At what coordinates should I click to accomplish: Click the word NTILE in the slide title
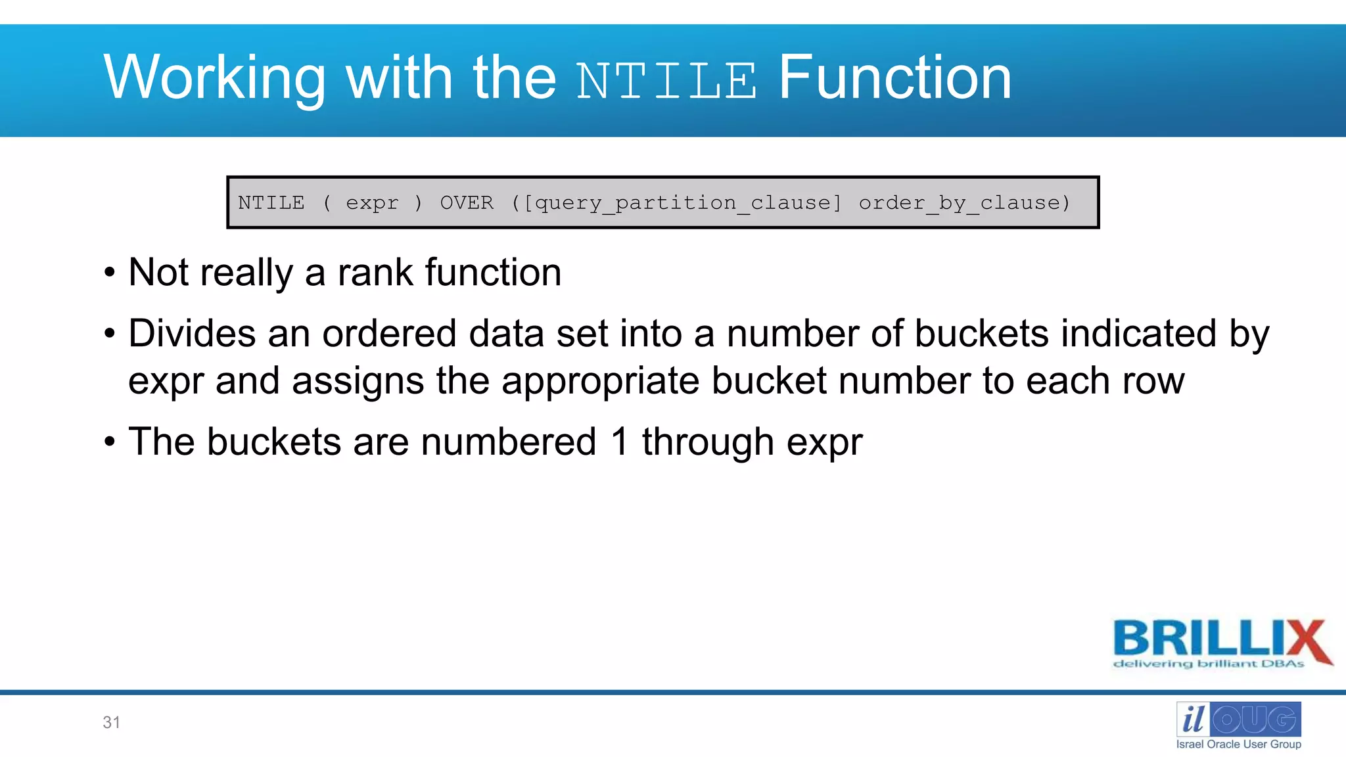point(666,81)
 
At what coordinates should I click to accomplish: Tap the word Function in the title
point(894,78)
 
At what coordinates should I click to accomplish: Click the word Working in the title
point(214,78)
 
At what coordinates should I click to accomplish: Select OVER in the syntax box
point(467,202)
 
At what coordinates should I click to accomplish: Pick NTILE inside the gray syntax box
point(271,202)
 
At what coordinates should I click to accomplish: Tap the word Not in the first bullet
point(158,272)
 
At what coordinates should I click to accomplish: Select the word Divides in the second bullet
point(191,333)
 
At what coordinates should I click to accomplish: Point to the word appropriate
point(600,382)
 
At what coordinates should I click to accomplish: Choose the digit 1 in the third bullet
point(620,441)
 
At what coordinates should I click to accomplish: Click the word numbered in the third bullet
point(508,441)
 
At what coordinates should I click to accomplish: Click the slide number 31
point(112,722)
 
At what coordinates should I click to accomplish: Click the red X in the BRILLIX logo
point(1306,641)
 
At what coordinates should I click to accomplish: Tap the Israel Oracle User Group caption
point(1238,744)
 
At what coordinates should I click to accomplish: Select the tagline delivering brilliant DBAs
point(1208,664)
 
